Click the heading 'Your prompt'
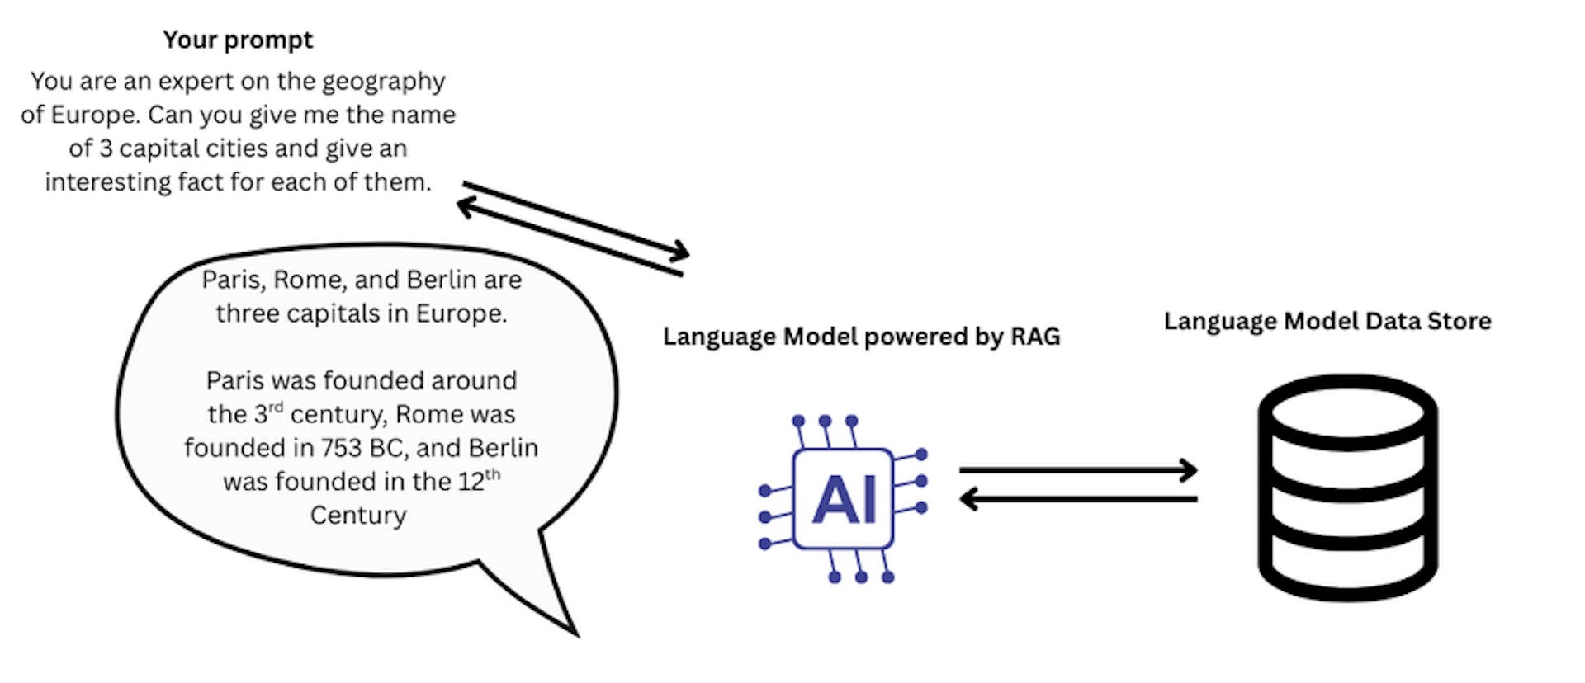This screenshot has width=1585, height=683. pos(238,40)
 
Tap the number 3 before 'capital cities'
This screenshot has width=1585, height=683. pos(106,148)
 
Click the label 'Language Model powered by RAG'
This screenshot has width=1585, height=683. pos(861,337)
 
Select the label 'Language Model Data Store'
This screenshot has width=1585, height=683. pos(1327,321)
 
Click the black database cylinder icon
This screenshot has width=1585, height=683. pos(1347,488)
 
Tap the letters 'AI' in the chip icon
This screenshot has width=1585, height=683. pos(844,500)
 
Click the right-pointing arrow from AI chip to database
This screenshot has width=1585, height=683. pos(1077,470)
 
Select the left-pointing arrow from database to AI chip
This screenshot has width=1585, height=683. pos(1077,499)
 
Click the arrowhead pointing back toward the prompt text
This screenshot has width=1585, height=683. pos(465,205)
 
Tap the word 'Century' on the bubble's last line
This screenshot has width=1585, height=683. pos(358,516)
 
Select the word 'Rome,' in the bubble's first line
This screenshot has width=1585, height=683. pos(305,280)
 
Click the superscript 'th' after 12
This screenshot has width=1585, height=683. pos(493,473)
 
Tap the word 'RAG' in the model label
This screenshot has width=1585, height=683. pos(1035,337)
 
